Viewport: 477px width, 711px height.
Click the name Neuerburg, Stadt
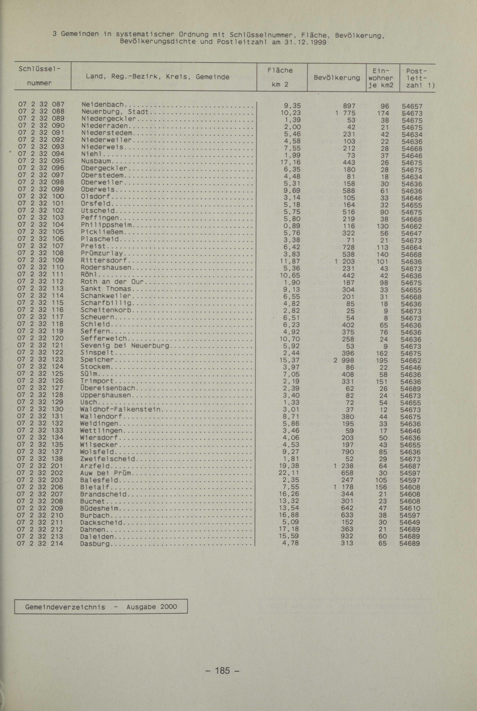coord(115,112)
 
